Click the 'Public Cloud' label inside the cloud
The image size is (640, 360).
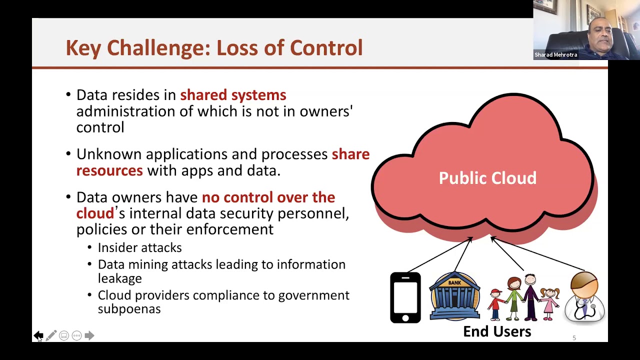[487, 178]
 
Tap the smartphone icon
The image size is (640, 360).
[405, 297]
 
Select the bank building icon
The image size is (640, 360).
[454, 295]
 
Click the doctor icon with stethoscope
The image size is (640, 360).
[584, 296]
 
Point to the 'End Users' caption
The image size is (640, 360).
[497, 331]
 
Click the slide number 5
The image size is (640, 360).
[574, 338]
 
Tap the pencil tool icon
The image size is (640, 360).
[51, 335]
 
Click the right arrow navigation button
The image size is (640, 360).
[89, 335]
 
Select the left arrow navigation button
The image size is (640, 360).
[38, 335]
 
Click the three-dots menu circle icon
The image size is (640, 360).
[76, 335]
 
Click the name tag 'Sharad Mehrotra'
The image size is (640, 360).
[555, 54]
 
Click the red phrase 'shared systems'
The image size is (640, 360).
[233, 95]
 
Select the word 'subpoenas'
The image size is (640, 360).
[129, 309]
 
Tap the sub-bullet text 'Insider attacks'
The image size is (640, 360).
[139, 247]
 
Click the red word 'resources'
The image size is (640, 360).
[109, 170]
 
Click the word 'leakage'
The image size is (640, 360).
[119, 278]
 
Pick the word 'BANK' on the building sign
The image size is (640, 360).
[454, 283]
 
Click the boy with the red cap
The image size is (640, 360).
[496, 304]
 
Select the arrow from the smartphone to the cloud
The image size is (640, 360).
[440, 254]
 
